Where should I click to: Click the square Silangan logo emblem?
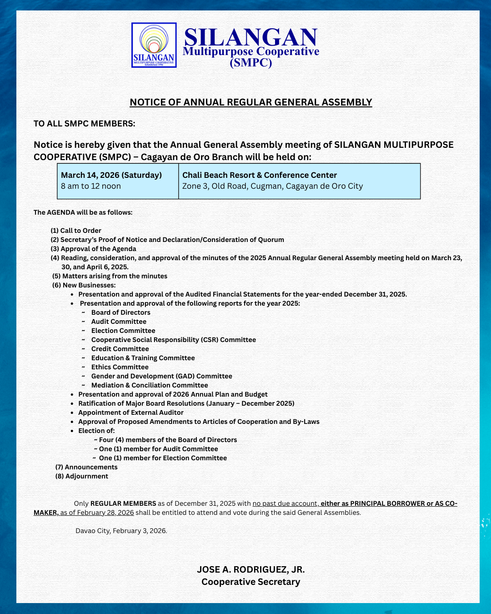click(154, 45)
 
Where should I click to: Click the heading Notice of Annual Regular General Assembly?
click(251, 102)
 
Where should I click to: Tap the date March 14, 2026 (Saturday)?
click(111, 175)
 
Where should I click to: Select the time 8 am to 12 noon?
click(91, 186)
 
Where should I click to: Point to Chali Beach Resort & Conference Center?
click(260, 175)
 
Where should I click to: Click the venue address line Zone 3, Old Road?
click(272, 186)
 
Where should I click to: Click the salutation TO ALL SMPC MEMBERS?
click(85, 124)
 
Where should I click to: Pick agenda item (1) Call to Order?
click(76, 231)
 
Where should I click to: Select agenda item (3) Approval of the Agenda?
click(93, 249)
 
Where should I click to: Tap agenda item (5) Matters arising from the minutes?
click(110, 276)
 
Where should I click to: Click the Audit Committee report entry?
click(119, 322)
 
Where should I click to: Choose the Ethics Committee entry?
click(120, 367)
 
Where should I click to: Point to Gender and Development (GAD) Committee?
click(161, 376)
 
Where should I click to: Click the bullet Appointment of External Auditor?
click(131, 413)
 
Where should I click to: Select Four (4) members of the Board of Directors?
click(168, 440)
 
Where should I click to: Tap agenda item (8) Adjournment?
click(82, 476)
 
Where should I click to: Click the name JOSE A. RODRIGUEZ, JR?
click(251, 569)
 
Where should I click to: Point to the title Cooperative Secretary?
click(251, 582)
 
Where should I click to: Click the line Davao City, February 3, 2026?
click(121, 531)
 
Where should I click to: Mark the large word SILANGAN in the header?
click(251, 37)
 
